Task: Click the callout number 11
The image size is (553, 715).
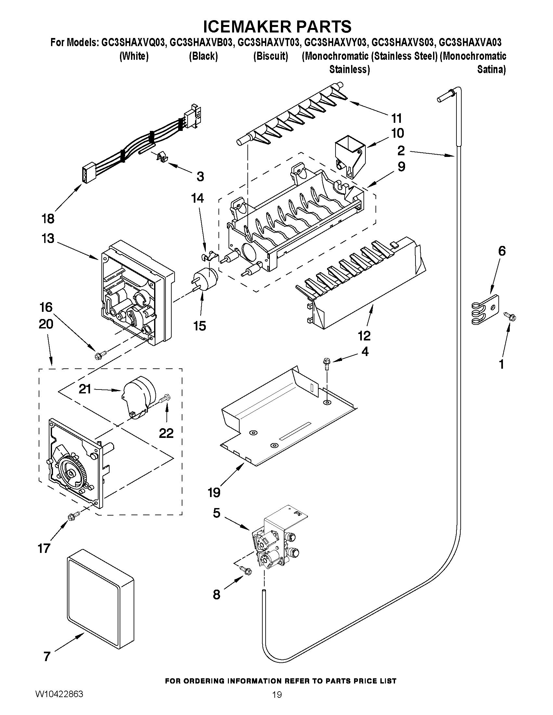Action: (x=396, y=118)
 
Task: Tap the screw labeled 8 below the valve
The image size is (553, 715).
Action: (x=246, y=570)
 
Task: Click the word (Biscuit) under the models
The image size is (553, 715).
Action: (x=270, y=57)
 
